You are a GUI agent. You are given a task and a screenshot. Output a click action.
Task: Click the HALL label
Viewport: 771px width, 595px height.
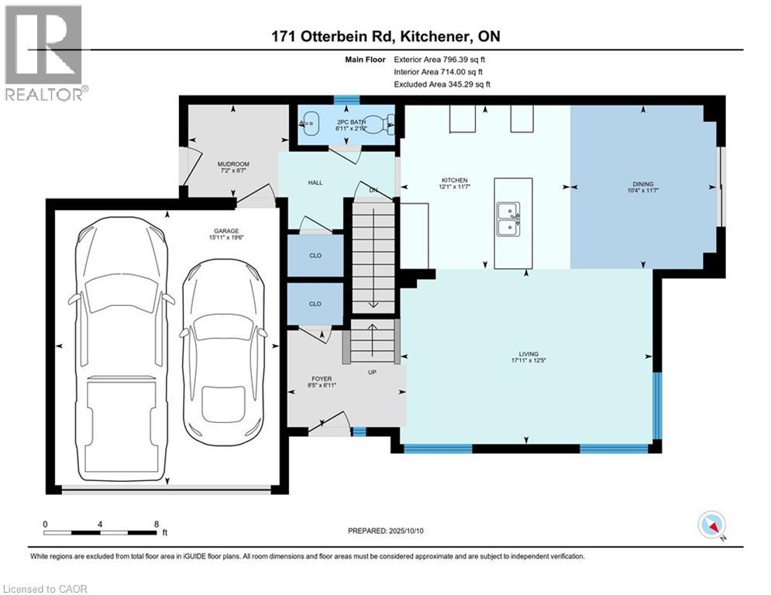315,183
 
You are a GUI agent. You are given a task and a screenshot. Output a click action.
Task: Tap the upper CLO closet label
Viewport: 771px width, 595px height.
315,255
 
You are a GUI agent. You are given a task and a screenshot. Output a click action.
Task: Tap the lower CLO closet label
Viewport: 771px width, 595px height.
315,304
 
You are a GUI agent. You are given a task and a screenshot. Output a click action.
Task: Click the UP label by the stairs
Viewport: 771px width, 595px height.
372,373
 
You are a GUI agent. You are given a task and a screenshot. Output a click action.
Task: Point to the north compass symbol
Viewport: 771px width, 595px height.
711,524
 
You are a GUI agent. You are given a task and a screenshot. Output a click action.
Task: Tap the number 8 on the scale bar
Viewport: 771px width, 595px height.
157,524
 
